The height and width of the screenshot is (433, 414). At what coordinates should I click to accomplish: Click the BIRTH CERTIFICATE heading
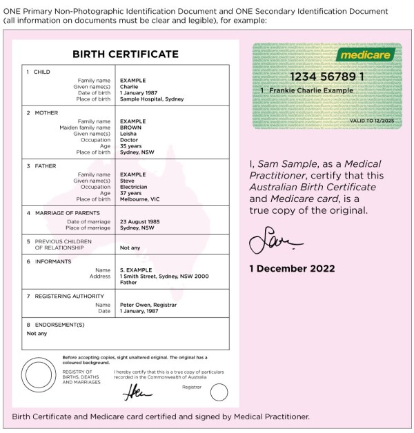[x=126, y=54]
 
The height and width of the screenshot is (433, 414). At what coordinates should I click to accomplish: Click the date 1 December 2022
[x=292, y=268]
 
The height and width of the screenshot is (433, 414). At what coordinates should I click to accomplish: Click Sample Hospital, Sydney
[x=152, y=99]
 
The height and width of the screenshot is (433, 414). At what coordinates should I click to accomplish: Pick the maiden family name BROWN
[x=130, y=128]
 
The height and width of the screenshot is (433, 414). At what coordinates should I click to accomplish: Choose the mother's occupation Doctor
[x=130, y=140]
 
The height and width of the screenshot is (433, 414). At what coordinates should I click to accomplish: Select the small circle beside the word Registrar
[x=219, y=392]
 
